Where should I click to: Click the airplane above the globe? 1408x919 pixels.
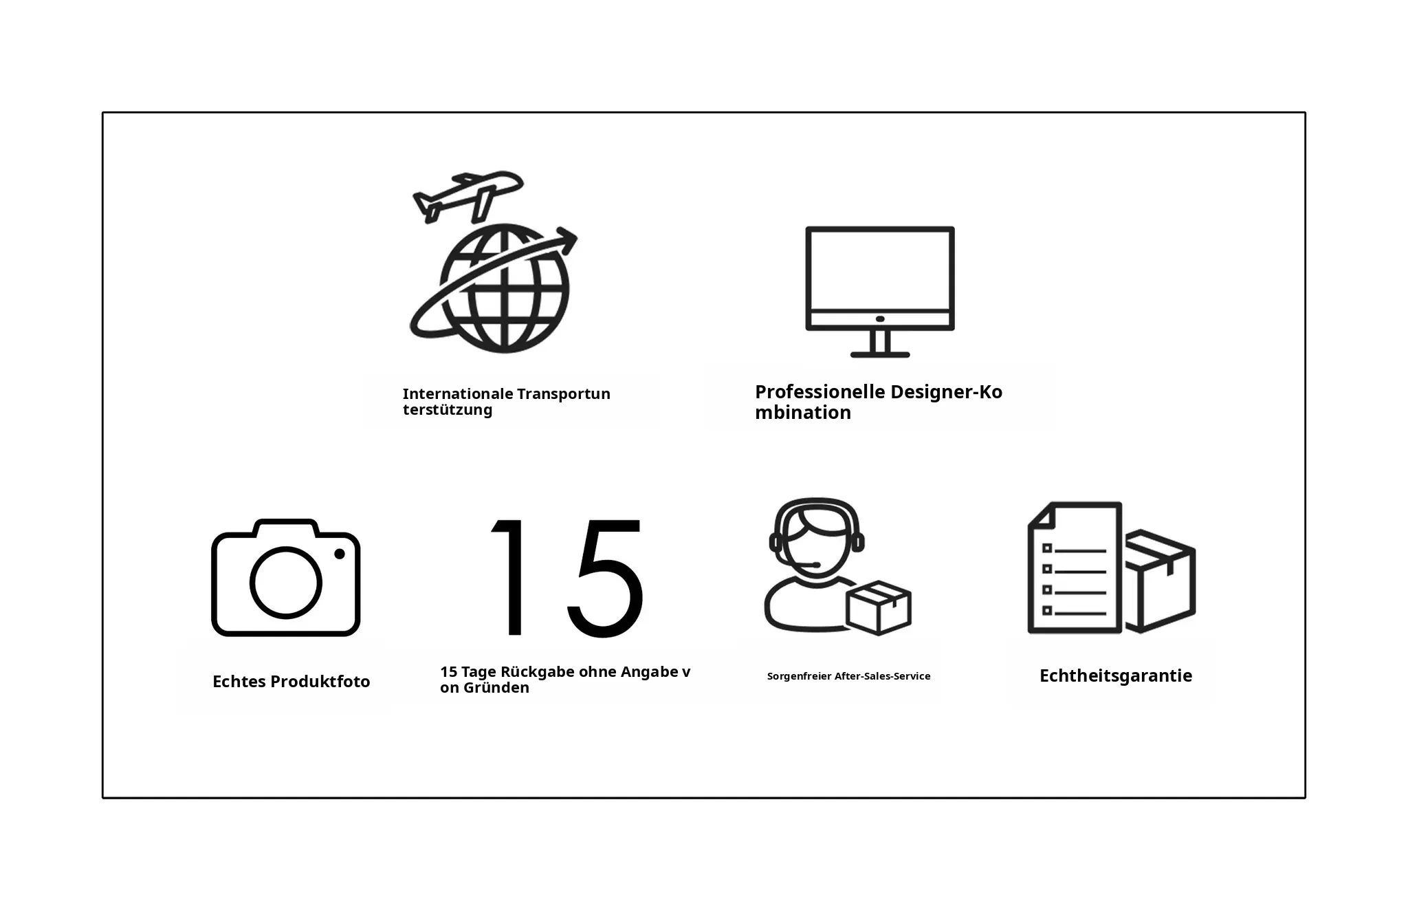[x=467, y=195]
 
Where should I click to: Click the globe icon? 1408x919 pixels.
[x=504, y=288]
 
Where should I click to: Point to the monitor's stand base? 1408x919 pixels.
[x=880, y=354]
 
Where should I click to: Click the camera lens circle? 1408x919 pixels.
[x=285, y=583]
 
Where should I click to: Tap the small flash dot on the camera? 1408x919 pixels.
[x=339, y=554]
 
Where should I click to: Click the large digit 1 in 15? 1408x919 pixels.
[x=509, y=577]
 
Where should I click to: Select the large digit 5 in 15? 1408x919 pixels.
[x=606, y=578]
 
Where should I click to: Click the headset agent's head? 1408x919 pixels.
[x=816, y=543]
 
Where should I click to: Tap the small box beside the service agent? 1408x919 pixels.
[x=879, y=607]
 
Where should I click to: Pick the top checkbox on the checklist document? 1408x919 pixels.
[x=1047, y=548]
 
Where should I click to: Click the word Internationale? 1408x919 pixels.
[x=458, y=394]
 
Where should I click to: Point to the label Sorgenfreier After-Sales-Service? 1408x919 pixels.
[x=848, y=676]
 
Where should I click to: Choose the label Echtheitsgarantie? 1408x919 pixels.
[x=1116, y=676]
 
